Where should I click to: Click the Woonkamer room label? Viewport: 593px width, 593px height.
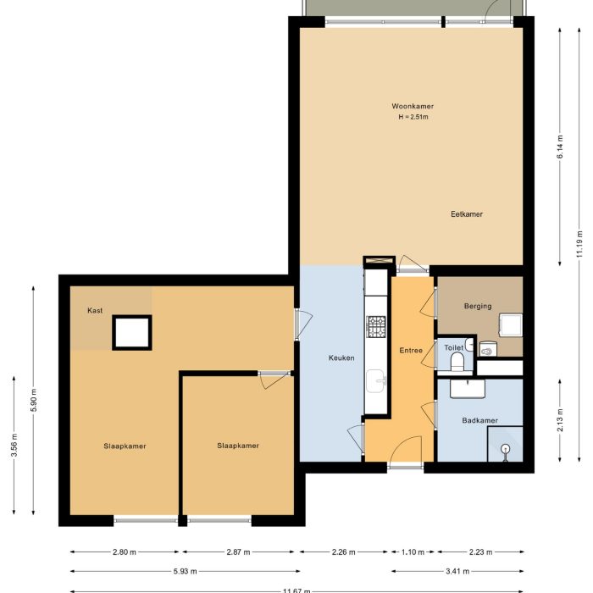413,106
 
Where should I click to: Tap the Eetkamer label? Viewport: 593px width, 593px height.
466,214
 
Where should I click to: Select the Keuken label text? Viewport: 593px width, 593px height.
341,357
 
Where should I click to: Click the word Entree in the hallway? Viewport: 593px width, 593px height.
410,350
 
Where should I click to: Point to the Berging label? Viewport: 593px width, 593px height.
477,306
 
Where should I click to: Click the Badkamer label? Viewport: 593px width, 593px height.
479,420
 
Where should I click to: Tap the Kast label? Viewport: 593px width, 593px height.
95,310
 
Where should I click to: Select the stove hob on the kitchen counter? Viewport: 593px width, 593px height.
375,324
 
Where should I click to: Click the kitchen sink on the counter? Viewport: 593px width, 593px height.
375,385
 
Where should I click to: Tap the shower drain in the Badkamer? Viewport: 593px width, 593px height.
505,448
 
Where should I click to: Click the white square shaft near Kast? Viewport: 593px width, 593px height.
131,332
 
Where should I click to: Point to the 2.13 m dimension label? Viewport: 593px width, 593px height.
560,420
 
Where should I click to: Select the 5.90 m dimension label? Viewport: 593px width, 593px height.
34,400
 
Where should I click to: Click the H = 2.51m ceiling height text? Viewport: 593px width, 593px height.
413,117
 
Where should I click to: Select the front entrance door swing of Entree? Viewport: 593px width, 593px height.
409,449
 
